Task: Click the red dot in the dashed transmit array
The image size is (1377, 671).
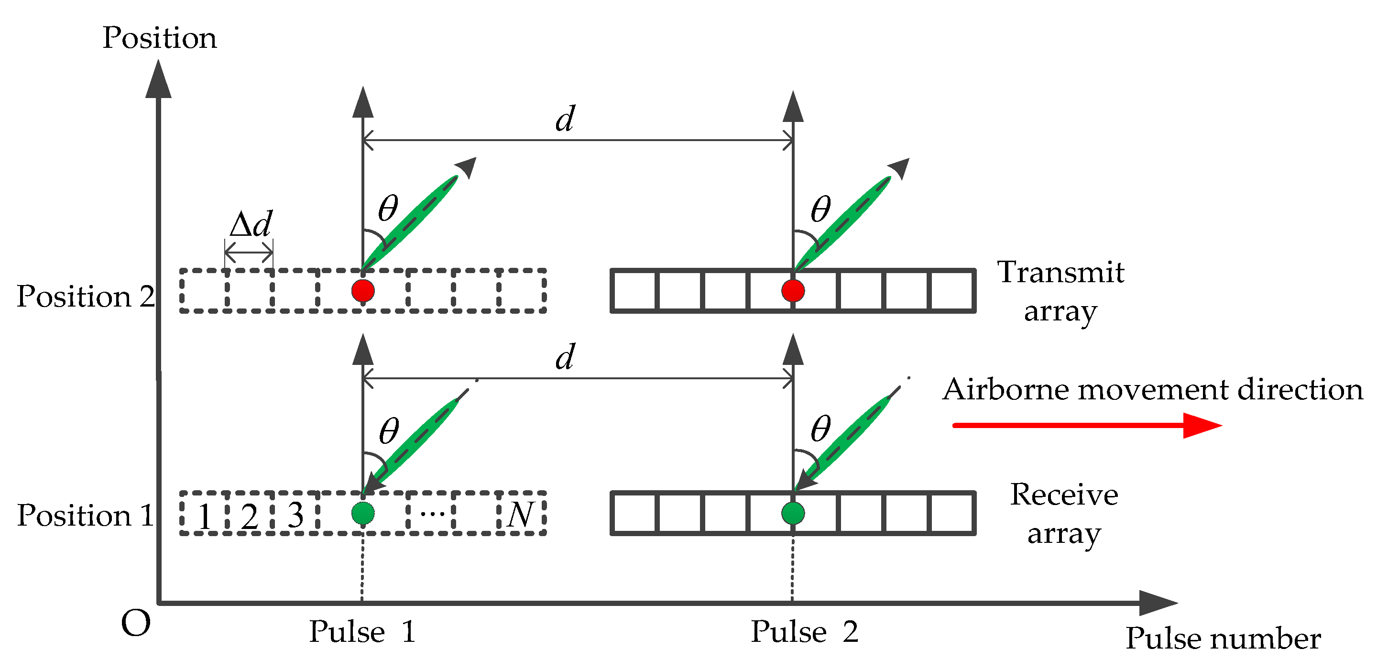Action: pyautogui.click(x=363, y=291)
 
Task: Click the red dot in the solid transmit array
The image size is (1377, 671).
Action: pyautogui.click(x=792, y=291)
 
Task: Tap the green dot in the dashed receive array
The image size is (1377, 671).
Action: pyautogui.click(x=363, y=513)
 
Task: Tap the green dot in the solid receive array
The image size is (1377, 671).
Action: pyautogui.click(x=792, y=513)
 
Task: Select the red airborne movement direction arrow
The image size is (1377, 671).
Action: pyautogui.click(x=1085, y=426)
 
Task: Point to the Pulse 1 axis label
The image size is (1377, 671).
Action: pyautogui.click(x=362, y=632)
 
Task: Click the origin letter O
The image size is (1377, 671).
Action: pyautogui.click(x=136, y=624)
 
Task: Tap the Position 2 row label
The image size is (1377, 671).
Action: pyautogui.click(x=86, y=296)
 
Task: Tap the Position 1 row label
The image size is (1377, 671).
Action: pyautogui.click(x=86, y=516)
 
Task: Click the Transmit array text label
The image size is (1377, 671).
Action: pyautogui.click(x=1060, y=291)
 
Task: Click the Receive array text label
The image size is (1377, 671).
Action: pyautogui.click(x=1064, y=513)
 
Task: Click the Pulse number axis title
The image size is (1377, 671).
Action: pyautogui.click(x=1223, y=638)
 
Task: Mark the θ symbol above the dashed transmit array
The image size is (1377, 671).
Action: pyautogui.click(x=388, y=209)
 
